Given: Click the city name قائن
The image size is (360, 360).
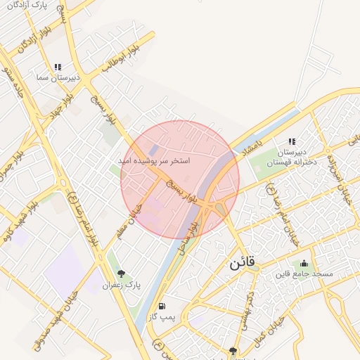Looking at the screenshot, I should pos(243,264).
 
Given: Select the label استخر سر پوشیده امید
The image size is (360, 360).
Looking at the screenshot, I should pos(153,161).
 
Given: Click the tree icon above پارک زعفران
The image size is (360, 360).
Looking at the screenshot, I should pos(122,274).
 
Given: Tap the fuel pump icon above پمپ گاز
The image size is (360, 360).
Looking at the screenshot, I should pos(162,307).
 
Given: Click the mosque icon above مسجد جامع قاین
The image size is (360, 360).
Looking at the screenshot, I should pos(302,263).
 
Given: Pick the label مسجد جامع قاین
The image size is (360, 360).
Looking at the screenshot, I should pos(304,274).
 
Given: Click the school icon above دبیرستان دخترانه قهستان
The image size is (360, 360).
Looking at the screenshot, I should pos(292,141).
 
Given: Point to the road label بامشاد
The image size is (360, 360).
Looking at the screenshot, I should pos(250,150).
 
